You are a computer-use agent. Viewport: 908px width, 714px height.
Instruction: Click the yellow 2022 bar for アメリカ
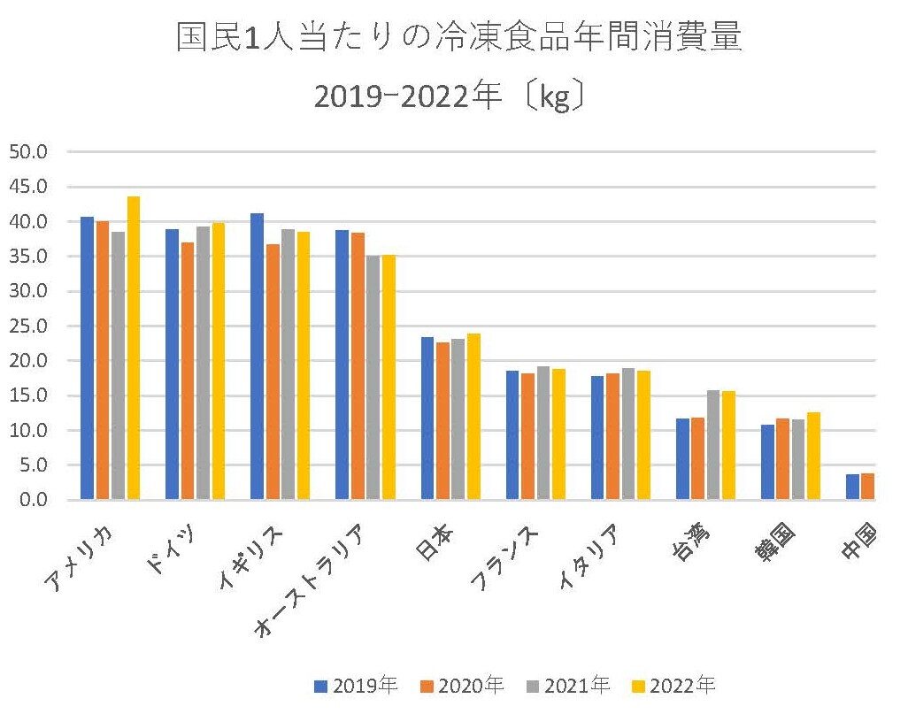pyautogui.click(x=134, y=349)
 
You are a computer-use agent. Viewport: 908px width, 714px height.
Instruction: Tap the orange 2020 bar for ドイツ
pyautogui.click(x=187, y=372)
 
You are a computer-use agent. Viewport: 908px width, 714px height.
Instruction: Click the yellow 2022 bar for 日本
pyautogui.click(x=473, y=417)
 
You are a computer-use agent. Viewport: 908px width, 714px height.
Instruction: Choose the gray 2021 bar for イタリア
pyautogui.click(x=627, y=434)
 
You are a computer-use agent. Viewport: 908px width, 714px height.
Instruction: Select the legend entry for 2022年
pyautogui.click(x=673, y=685)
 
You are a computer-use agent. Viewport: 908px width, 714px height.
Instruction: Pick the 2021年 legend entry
pyautogui.click(x=567, y=685)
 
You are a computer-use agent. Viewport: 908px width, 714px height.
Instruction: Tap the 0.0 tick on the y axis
pyautogui.click(x=32, y=501)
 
